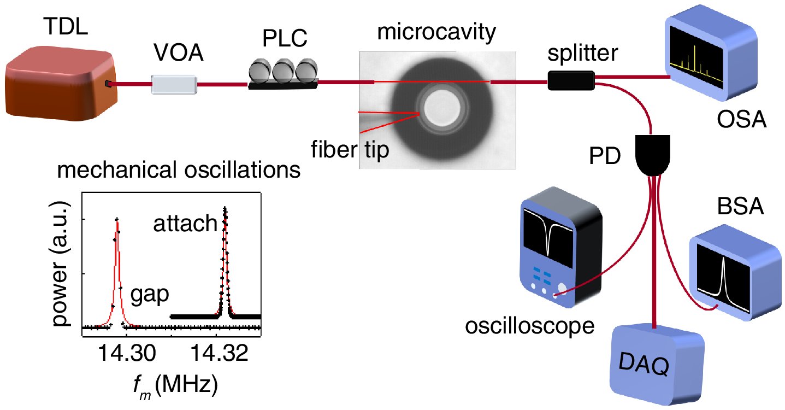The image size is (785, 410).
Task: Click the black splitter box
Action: [x=571, y=81]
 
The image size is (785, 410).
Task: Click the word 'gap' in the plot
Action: [x=149, y=295]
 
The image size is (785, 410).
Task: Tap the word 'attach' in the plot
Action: [x=185, y=224]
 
